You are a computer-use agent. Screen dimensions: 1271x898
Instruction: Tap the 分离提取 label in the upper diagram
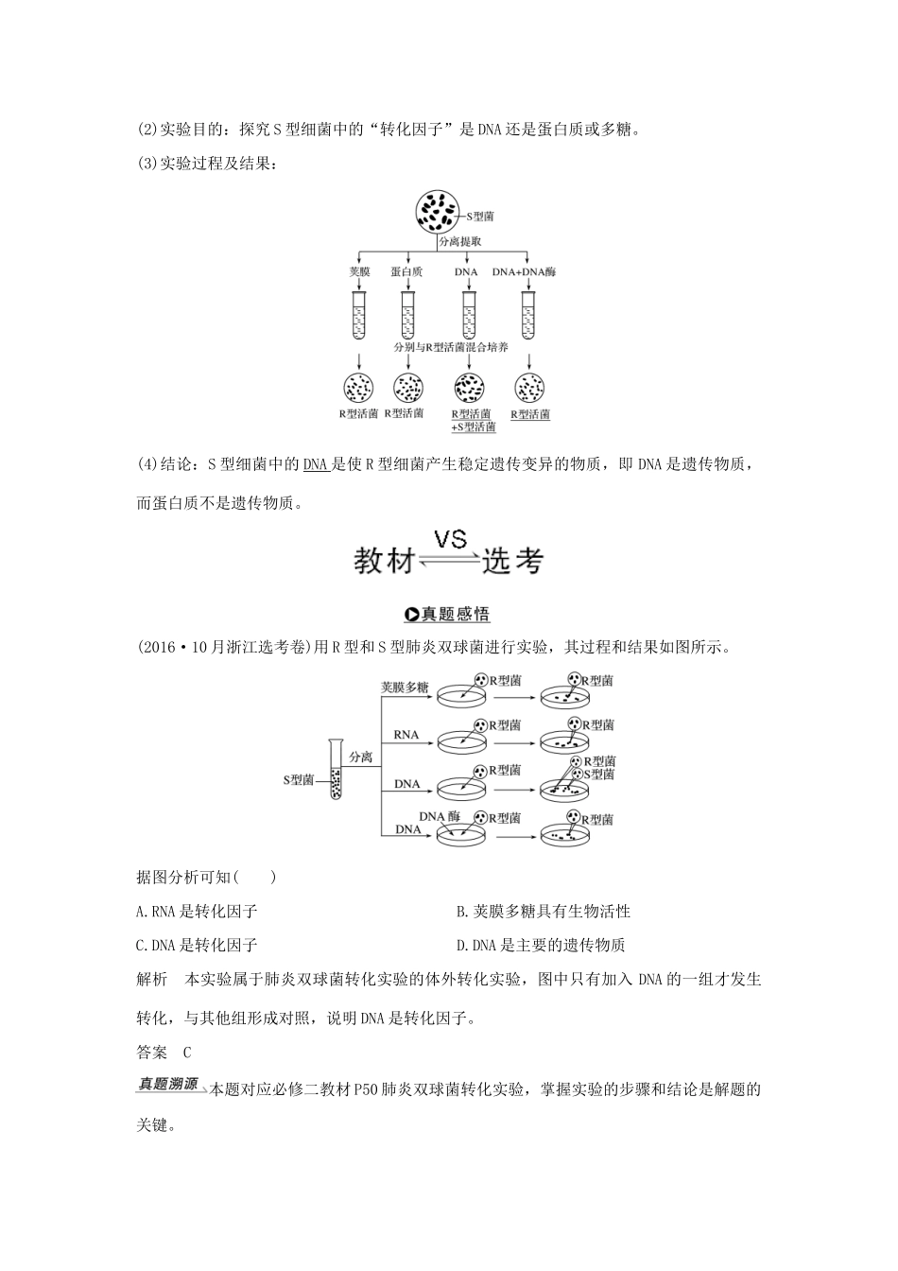click(460, 242)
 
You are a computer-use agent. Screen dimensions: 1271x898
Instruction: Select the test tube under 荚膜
click(358, 315)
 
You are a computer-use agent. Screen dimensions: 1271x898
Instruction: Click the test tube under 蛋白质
click(407, 315)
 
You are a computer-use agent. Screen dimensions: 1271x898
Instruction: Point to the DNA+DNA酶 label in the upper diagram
click(524, 271)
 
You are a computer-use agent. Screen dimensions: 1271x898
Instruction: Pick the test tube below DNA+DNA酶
click(528, 315)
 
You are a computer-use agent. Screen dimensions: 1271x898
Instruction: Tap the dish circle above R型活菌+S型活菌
click(470, 387)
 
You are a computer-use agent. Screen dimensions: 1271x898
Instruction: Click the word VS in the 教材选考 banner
click(450, 540)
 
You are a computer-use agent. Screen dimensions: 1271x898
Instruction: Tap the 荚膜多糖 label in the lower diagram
click(404, 688)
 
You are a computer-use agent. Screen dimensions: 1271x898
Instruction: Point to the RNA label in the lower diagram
click(406, 734)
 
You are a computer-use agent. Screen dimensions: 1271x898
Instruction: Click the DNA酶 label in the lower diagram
click(439, 815)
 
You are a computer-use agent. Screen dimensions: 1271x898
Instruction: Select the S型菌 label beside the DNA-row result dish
click(599, 774)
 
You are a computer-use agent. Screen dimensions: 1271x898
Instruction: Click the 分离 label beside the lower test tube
click(360, 757)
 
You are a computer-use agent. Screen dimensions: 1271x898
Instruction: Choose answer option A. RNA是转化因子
click(198, 912)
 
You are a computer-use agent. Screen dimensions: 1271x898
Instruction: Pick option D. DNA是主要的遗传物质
click(540, 945)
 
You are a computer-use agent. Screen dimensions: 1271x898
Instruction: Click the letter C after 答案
click(186, 1053)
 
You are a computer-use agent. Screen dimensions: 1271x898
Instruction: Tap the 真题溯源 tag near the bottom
click(167, 1085)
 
